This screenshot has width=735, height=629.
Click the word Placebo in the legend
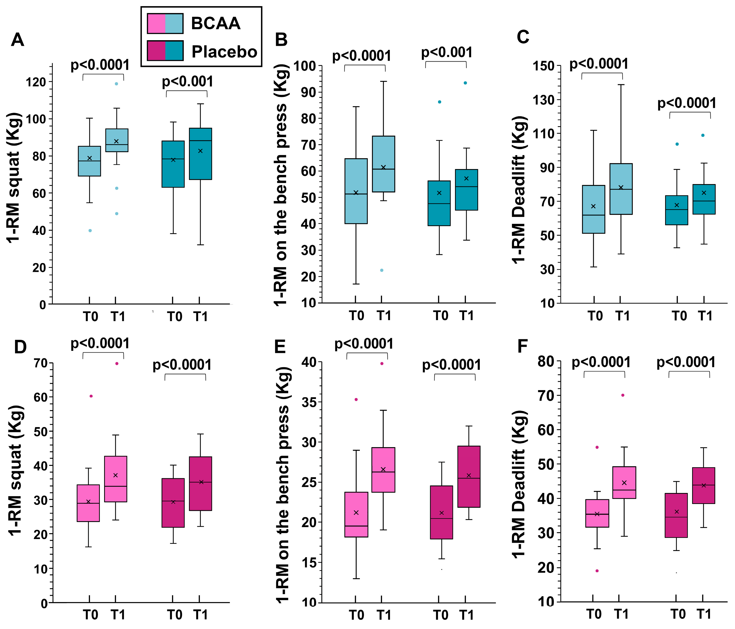[x=224, y=52]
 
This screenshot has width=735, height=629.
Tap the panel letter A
[x=17, y=40]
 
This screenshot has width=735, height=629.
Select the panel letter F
[x=523, y=346]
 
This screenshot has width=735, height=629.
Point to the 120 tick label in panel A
[x=36, y=82]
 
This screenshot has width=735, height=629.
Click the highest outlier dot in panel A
[x=116, y=84]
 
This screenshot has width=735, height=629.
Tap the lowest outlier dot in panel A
[x=90, y=230]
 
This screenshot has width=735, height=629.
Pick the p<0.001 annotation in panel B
[x=447, y=53]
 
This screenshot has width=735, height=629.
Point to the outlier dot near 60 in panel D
[x=91, y=396]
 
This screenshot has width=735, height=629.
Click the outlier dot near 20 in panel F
[x=597, y=571]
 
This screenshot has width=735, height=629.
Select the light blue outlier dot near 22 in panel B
[x=382, y=270]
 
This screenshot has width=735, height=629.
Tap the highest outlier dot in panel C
[x=703, y=135]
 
